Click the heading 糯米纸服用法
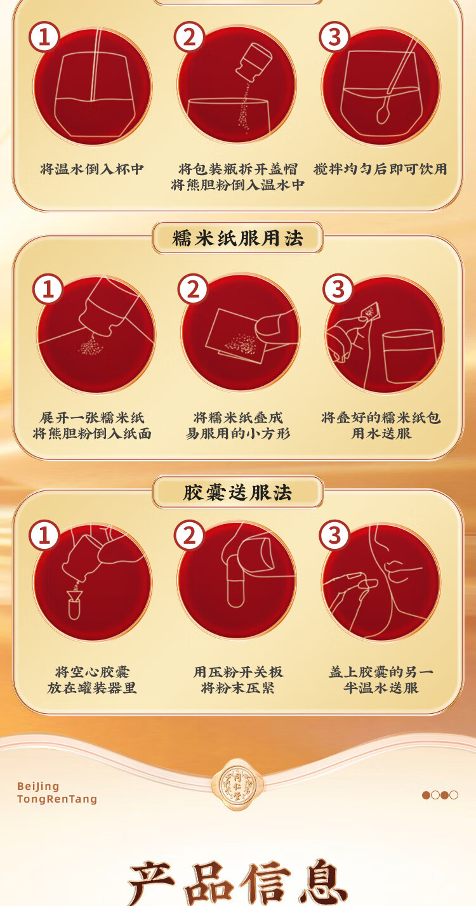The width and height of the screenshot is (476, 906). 237,238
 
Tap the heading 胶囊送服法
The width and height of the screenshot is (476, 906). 237,492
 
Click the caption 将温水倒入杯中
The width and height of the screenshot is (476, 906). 92,169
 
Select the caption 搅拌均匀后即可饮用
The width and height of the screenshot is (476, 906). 380,169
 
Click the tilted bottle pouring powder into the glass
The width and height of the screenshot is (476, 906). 253,62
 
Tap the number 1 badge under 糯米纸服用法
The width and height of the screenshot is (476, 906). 48,289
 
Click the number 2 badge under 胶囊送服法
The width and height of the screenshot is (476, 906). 189,535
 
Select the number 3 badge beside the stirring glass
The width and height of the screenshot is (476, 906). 334,36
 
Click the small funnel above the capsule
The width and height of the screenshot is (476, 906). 75,595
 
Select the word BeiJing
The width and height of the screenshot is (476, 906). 38,786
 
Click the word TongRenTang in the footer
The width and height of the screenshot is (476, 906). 57,799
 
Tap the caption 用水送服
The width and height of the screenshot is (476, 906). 381,433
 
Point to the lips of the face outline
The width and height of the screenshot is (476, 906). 399,570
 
